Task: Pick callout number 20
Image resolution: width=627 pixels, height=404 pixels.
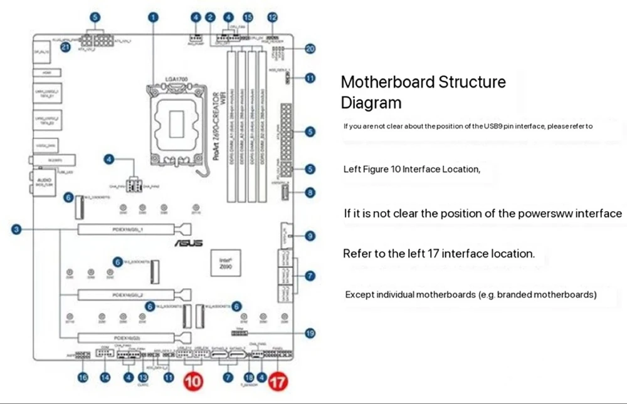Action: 309,49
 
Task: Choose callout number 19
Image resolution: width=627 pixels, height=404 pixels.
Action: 310,334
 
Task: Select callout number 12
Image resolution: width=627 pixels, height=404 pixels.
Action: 272,17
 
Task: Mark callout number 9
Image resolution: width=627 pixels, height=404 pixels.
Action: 310,236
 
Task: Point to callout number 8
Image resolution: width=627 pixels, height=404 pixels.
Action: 310,193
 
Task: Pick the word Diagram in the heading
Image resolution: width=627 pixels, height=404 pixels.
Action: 371,102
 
